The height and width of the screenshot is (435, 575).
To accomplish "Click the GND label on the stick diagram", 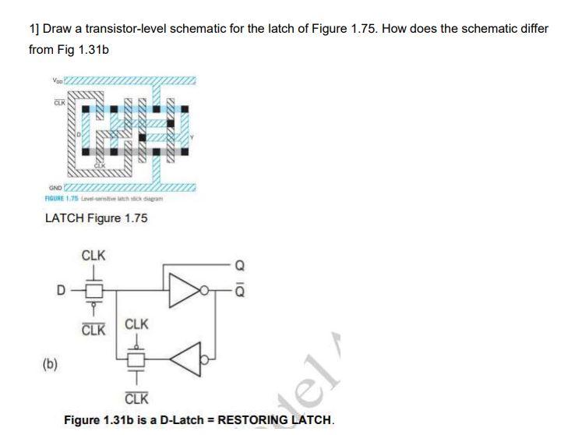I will (55, 187).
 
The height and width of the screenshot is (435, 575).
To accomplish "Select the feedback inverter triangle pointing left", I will (184, 359).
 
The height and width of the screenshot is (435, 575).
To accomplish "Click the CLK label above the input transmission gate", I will (93, 256).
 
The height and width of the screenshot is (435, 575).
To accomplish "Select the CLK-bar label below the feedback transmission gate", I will (137, 400).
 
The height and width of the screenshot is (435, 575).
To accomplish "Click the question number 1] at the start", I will (34, 29).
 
